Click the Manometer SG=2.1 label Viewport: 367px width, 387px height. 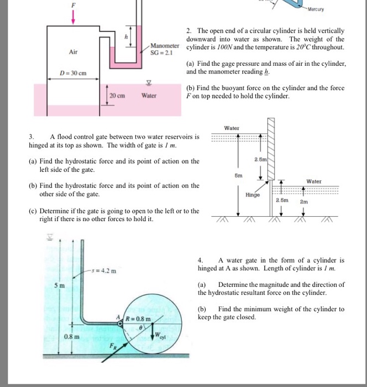[166, 49]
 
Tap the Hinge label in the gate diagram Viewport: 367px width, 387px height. [253, 195]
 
